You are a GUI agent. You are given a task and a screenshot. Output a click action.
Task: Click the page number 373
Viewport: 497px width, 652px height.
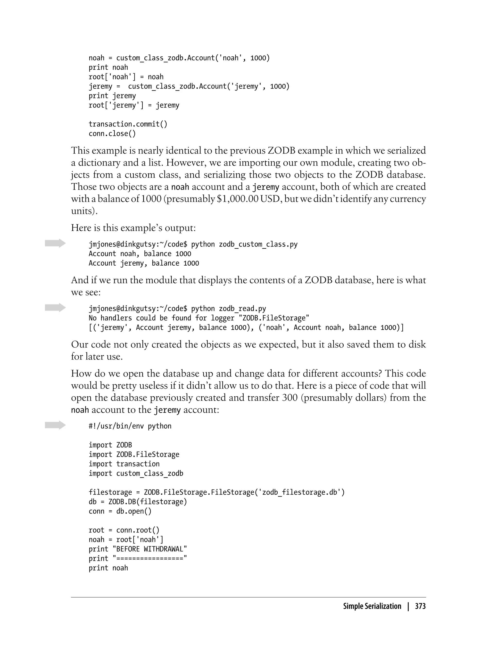[420, 606]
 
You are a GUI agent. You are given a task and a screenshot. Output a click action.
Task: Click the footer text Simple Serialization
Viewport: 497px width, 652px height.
[372, 606]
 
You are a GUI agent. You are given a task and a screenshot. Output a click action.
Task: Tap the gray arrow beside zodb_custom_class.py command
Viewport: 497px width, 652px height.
[55, 243]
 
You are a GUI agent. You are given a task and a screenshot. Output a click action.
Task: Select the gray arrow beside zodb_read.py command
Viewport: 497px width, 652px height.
[55, 308]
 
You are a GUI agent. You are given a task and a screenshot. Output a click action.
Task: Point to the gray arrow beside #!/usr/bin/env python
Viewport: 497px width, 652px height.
[55, 425]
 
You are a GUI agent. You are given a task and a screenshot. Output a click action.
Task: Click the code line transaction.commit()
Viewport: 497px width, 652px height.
[128, 124]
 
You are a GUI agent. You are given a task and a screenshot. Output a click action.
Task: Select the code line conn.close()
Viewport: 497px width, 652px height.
[112, 134]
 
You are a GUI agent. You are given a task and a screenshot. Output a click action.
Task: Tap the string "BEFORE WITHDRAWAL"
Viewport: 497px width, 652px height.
[150, 549]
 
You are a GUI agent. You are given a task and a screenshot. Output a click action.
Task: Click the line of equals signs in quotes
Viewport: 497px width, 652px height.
[150, 559]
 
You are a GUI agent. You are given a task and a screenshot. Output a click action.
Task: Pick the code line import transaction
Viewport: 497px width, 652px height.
[124, 464]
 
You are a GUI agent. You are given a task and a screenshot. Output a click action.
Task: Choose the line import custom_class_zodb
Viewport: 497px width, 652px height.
[136, 473]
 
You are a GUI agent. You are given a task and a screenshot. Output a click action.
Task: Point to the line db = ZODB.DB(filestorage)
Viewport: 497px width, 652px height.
[138, 502]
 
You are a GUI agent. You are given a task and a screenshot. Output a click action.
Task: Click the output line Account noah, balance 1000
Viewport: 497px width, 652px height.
[140, 254]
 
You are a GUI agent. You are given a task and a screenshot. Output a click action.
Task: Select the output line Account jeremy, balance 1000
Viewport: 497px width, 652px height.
[144, 263]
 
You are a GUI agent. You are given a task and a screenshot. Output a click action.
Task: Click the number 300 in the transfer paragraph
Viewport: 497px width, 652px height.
[290, 398]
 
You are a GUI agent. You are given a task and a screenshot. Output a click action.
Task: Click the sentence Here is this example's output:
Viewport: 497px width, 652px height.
[133, 228]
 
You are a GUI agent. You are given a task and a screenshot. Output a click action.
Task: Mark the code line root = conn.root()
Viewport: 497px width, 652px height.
[124, 530]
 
